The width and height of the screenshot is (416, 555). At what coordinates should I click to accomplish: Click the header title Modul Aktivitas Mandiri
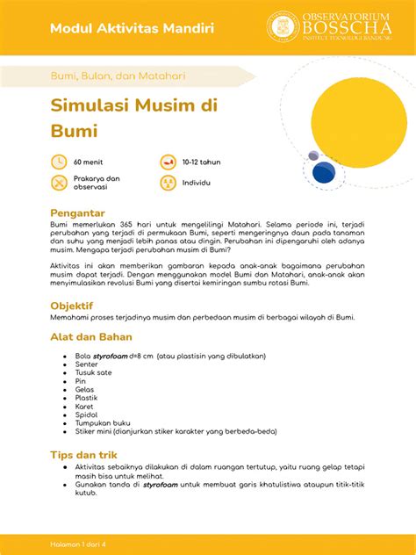pos(131,28)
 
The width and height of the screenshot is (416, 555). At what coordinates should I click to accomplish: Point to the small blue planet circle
pos(313,156)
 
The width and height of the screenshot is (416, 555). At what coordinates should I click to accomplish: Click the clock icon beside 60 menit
pos(59,162)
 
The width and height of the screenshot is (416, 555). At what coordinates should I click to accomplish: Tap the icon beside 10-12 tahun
pos(168,162)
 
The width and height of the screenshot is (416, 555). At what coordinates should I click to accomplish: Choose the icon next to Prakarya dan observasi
pos(59,183)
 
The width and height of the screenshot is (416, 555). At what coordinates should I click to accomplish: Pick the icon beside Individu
pos(168,183)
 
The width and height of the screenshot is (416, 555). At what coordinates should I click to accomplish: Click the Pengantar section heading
pos(78,213)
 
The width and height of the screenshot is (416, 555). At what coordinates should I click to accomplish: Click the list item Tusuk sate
pos(93,372)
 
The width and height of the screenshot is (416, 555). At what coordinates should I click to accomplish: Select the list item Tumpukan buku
pos(102,422)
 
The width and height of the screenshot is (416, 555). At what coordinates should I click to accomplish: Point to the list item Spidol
pos(86,414)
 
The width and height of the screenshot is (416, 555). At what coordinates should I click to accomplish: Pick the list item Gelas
pos(85,389)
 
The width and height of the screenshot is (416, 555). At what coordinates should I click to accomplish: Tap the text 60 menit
pos(89,162)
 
